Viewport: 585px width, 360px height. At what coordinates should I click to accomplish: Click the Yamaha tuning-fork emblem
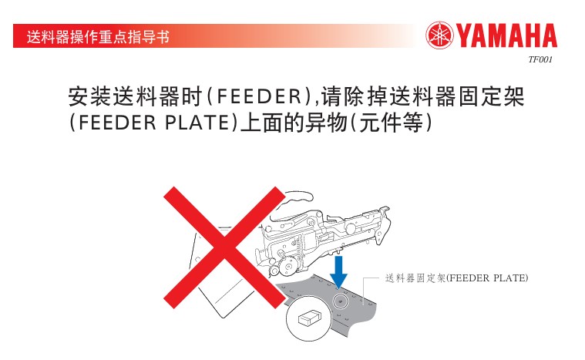click(439, 35)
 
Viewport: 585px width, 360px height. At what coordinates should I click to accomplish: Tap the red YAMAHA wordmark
click(506, 35)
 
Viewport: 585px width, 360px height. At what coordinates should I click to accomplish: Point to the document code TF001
click(540, 59)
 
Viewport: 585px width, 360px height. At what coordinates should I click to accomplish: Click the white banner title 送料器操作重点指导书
click(98, 37)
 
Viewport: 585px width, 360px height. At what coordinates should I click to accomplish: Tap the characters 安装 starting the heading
click(89, 96)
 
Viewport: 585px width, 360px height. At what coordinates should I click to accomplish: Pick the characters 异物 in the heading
click(327, 123)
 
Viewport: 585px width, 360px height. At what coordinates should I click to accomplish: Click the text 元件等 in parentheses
click(391, 123)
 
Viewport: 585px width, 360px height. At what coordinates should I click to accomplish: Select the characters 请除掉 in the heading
click(354, 96)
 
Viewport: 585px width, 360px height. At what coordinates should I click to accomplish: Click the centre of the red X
click(224, 247)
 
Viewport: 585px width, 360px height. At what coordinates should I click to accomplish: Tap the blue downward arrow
click(338, 271)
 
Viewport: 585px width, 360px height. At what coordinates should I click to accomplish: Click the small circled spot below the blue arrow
click(339, 300)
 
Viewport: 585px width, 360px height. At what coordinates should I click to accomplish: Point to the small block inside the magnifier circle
click(310, 318)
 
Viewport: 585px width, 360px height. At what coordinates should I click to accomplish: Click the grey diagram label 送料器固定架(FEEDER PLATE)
click(456, 278)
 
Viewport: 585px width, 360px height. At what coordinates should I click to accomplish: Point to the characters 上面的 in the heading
click(273, 123)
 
